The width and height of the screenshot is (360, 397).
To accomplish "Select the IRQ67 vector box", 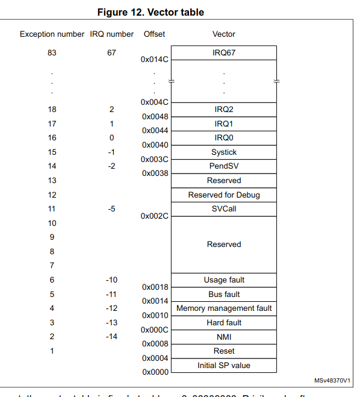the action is click(x=224, y=52).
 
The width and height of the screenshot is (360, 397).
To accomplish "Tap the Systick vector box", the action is click(x=224, y=152).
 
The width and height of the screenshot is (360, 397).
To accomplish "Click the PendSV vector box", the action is click(x=224, y=166).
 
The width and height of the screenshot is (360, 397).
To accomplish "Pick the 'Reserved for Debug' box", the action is click(x=224, y=195).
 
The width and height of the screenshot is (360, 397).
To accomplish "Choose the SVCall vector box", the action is click(x=224, y=208).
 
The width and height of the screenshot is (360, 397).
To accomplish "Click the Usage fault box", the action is click(x=224, y=280).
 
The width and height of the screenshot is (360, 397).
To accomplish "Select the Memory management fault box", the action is click(x=224, y=308).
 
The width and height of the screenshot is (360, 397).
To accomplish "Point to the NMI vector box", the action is click(x=224, y=337).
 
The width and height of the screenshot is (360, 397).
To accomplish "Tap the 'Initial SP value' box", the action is click(x=224, y=365).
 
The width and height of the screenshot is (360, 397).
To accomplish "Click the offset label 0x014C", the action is click(x=155, y=60).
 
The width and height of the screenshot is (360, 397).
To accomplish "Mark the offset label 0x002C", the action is click(x=155, y=216).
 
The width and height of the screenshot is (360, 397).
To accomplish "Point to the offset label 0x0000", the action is click(x=155, y=372).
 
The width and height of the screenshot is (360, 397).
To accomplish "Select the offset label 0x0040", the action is click(x=155, y=145).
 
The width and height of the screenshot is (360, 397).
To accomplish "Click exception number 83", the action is click(x=52, y=52).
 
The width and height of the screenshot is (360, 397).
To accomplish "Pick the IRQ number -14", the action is click(x=111, y=337).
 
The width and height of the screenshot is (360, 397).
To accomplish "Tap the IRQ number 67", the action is click(x=111, y=52).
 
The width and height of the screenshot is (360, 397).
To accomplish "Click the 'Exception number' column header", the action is click(x=52, y=34).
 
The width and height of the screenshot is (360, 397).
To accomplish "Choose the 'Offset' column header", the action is click(x=154, y=34).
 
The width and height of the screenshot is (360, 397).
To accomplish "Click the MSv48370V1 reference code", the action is click(x=332, y=381).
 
